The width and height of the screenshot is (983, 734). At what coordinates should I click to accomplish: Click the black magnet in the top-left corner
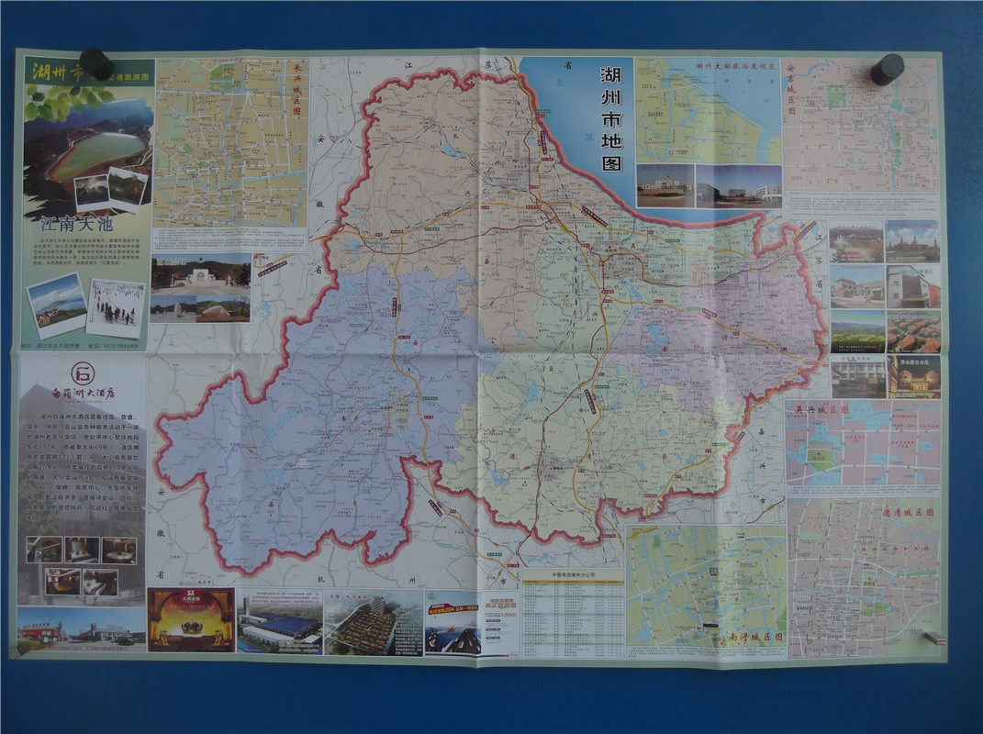point(96,65)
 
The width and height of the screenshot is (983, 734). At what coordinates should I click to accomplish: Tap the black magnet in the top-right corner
point(887,69)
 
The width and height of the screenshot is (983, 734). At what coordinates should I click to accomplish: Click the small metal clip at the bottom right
point(933,638)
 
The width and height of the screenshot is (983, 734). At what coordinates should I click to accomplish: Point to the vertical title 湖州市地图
point(610,118)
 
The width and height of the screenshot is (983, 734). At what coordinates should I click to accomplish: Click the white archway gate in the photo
point(199,274)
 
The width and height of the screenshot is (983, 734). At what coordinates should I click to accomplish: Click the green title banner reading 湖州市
point(58,70)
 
